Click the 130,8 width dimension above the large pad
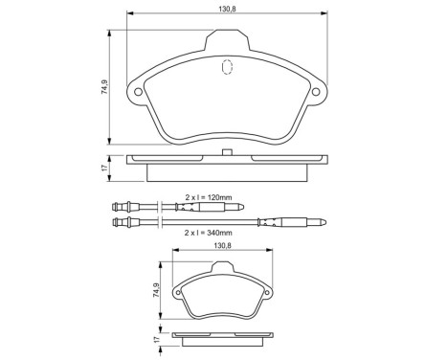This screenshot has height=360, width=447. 225,9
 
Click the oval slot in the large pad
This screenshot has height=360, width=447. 227,68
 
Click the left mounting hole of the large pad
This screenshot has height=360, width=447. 139,93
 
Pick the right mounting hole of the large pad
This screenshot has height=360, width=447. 314,93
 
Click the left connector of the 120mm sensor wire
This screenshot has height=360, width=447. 120,207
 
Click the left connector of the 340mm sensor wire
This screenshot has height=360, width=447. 120,224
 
